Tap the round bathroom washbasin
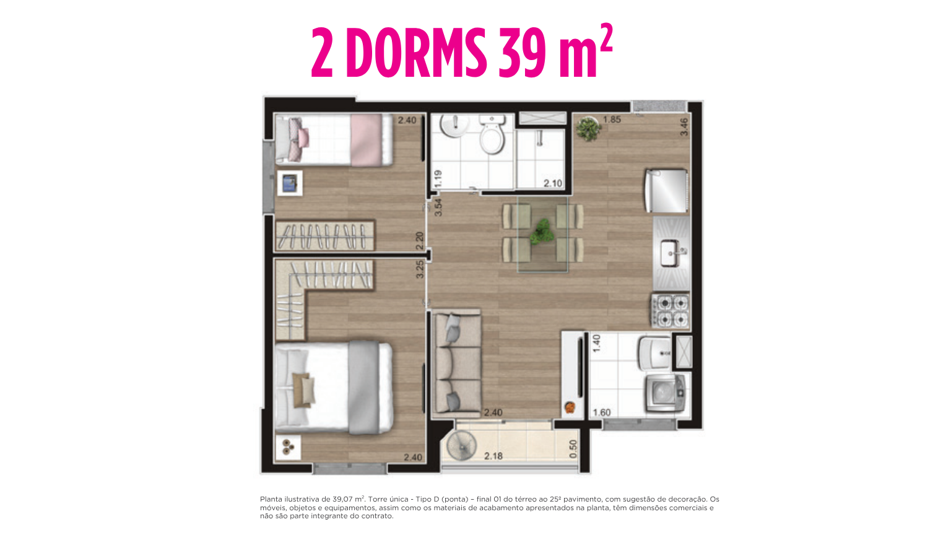[454, 125]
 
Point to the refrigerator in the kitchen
[666, 191]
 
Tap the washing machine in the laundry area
[666, 394]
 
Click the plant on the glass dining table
[542, 232]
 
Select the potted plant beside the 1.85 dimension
[588, 128]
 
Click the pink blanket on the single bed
[366, 139]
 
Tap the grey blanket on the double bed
[364, 387]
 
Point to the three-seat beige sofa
[457, 362]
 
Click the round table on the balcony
[461, 446]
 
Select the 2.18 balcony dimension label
[493, 456]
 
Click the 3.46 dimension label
[684, 127]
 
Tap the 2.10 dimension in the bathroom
[553, 183]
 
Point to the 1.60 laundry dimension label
[602, 412]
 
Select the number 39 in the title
[522, 53]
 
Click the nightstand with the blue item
[290, 183]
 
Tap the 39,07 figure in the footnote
[342, 499]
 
